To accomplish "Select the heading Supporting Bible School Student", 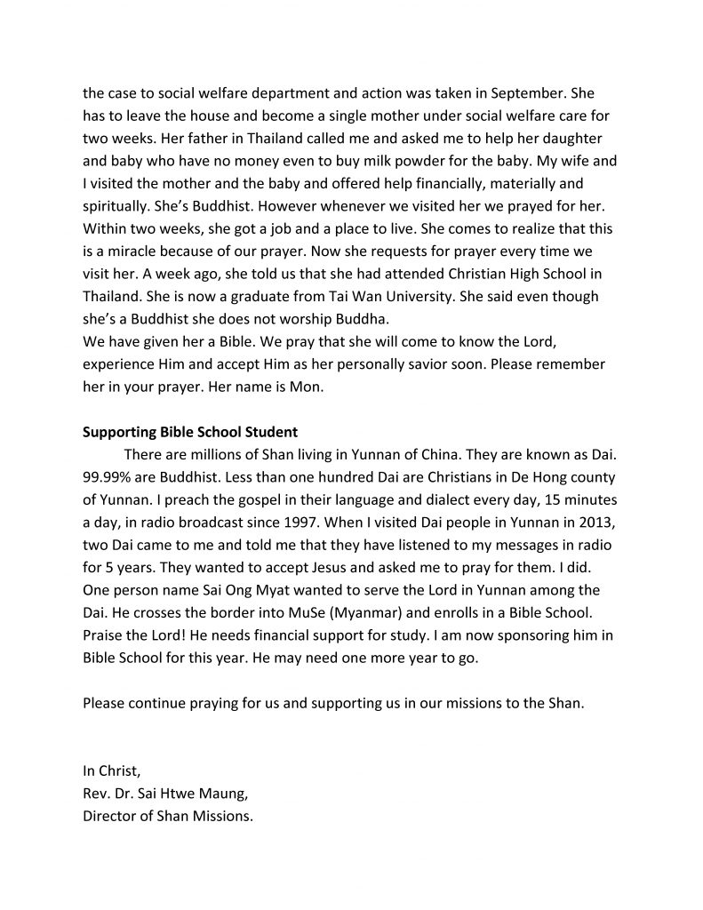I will [189, 434].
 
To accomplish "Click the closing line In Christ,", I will [111, 771].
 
